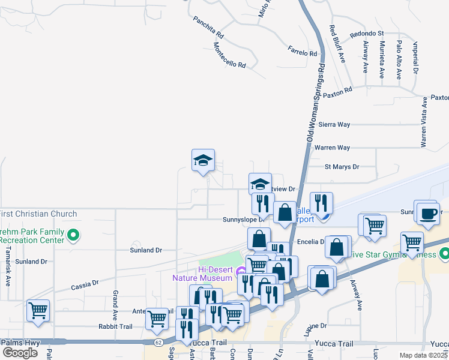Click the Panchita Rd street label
[x=208, y=27]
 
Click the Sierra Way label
[x=334, y=124]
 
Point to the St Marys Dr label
[x=342, y=167]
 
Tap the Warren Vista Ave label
[x=424, y=122]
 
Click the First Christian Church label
[x=38, y=214]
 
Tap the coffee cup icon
[x=428, y=214]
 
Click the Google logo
[x=20, y=352]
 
